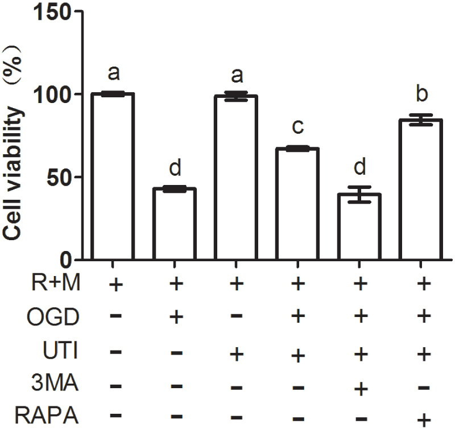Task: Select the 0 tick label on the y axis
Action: pyautogui.click(x=67, y=260)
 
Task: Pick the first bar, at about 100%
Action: pyautogui.click(x=113, y=176)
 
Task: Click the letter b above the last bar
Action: pyautogui.click(x=421, y=94)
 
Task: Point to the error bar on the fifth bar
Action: pyautogui.click(x=360, y=194)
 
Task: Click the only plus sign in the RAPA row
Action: pyautogui.click(x=421, y=420)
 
